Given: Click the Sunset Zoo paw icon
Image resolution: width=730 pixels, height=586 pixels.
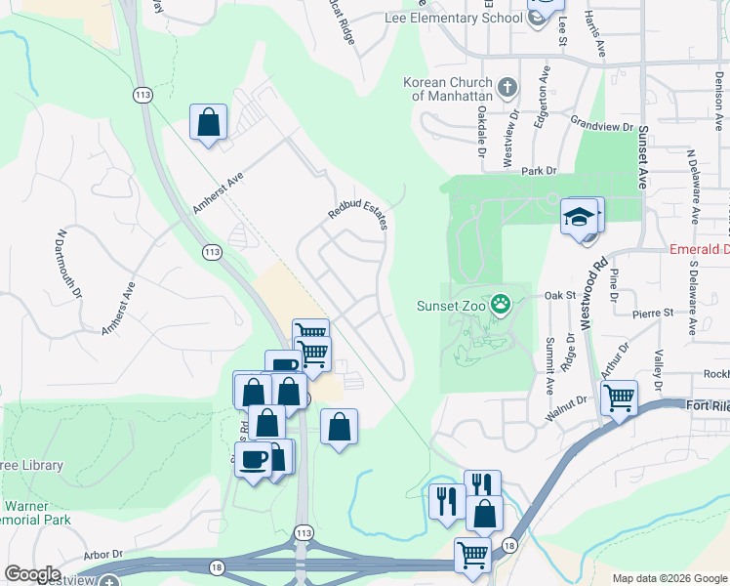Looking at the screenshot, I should click(x=501, y=303).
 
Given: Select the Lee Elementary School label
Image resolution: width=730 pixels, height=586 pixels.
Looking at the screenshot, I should click(x=468, y=18).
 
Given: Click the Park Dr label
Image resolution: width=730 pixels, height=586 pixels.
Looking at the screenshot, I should click(x=538, y=170).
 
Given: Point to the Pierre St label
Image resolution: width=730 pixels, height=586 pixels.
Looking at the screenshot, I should click(x=653, y=313).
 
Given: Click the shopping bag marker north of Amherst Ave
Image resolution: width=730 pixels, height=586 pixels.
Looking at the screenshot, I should click(x=208, y=122).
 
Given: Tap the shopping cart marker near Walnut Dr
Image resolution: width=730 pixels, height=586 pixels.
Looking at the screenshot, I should click(x=619, y=398).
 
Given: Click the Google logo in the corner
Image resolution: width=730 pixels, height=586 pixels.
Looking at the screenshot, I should click(x=32, y=574).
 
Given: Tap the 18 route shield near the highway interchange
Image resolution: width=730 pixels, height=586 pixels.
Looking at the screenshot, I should click(x=509, y=544).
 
